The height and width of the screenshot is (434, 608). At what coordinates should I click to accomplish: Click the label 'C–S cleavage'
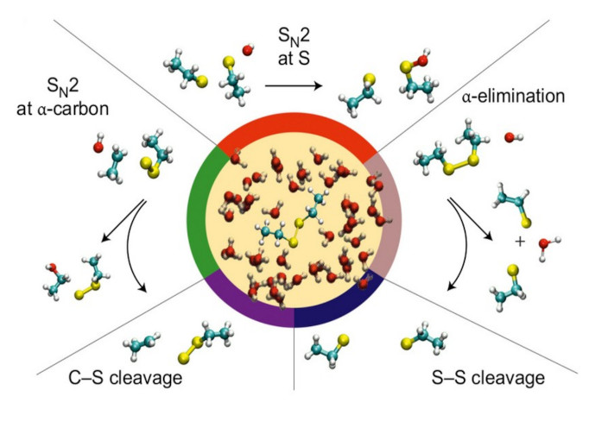tap(117, 378)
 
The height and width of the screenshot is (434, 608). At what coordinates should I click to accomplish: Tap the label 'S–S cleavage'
tap(488, 378)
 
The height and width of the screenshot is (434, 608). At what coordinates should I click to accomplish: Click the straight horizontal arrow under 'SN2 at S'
tap(294, 86)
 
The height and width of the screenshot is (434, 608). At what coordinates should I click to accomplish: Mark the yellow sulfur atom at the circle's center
tap(294, 242)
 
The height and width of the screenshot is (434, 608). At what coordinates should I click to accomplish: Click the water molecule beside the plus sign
tap(545, 248)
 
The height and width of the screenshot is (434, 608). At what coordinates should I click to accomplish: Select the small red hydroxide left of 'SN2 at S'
tap(248, 52)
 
